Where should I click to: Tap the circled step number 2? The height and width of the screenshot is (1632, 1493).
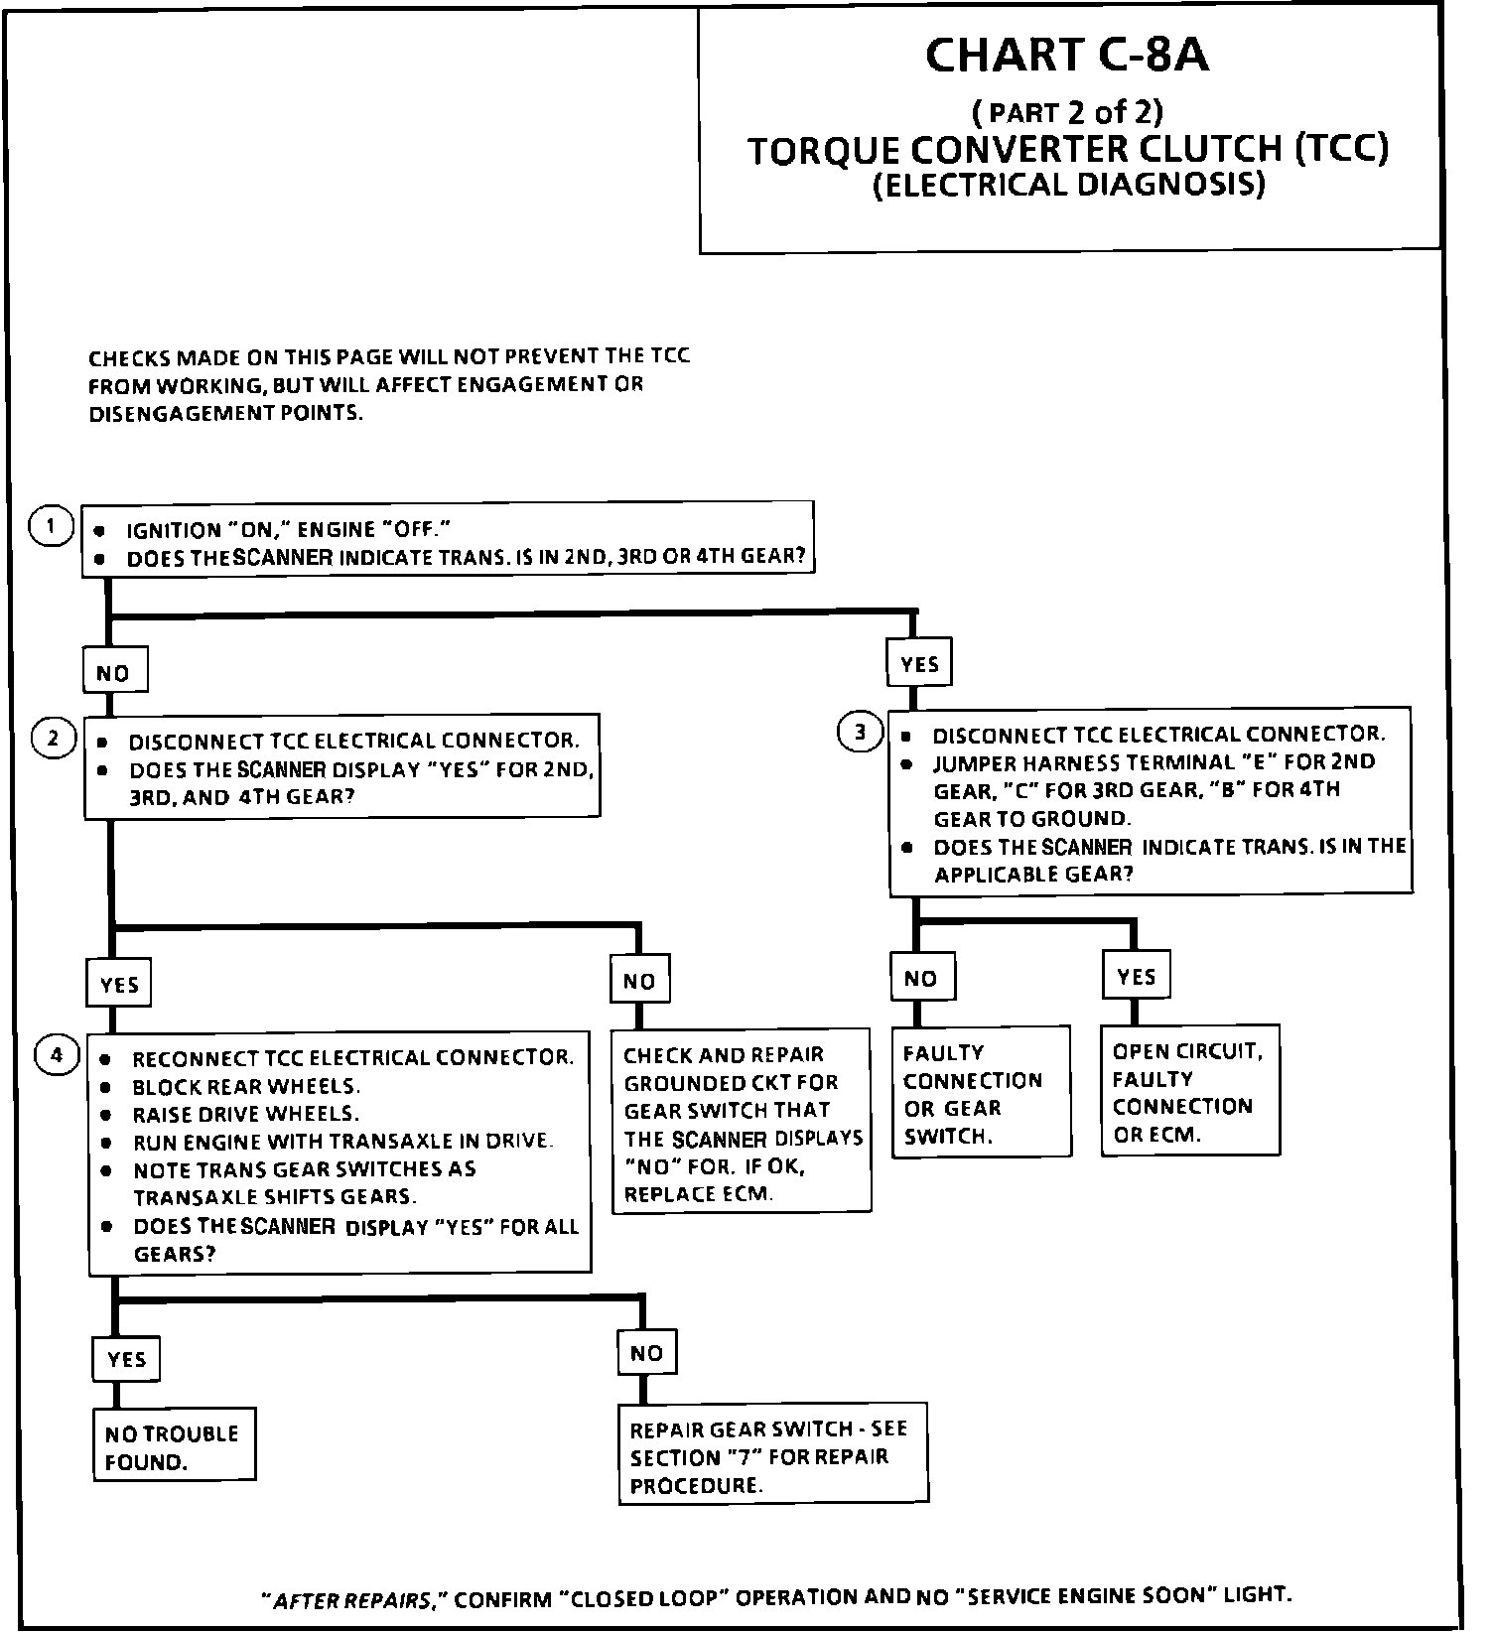(x=55, y=738)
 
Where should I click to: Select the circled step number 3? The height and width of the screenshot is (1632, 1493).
(x=860, y=733)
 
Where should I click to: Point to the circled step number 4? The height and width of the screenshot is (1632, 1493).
(x=57, y=1055)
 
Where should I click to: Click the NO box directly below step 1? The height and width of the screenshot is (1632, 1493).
(x=114, y=672)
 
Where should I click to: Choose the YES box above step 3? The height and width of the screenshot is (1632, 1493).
(x=919, y=663)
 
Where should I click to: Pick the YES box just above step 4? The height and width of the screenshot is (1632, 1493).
(x=119, y=984)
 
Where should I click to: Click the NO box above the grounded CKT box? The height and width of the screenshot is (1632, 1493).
(x=639, y=981)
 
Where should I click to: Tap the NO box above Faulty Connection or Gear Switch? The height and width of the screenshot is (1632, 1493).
(x=921, y=979)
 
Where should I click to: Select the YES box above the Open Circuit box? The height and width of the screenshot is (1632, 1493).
(x=1136, y=976)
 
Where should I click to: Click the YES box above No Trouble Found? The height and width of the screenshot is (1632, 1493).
(x=126, y=1359)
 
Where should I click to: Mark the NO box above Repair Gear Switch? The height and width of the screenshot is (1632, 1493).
(x=646, y=1352)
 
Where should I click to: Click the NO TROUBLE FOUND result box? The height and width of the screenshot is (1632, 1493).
(x=174, y=1445)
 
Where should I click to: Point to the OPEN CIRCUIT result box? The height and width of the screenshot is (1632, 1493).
(x=1189, y=1091)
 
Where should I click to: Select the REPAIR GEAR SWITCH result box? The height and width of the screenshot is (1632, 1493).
(x=772, y=1455)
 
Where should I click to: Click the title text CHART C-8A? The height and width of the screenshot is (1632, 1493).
(x=1067, y=56)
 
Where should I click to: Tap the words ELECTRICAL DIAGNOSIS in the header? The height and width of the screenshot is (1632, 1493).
(x=1069, y=186)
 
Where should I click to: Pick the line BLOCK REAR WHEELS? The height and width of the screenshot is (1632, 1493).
(x=246, y=1086)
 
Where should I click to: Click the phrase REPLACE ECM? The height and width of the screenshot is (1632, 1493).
(x=697, y=1194)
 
